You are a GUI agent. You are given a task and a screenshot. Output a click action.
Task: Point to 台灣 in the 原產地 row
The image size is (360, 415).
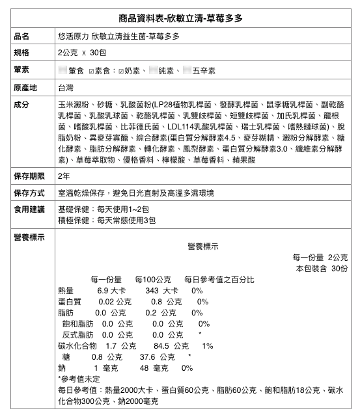66,87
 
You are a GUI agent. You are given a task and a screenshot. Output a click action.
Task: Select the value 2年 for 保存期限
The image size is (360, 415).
64,176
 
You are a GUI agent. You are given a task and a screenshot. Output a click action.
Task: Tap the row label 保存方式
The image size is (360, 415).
29,193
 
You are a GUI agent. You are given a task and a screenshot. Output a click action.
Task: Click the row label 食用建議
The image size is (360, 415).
29,209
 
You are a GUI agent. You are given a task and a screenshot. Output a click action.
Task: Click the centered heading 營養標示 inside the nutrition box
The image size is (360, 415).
202,246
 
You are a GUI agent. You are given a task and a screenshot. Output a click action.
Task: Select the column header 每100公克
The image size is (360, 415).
152,279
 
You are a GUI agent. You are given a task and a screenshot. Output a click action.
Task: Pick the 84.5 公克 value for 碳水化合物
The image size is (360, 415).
171,345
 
